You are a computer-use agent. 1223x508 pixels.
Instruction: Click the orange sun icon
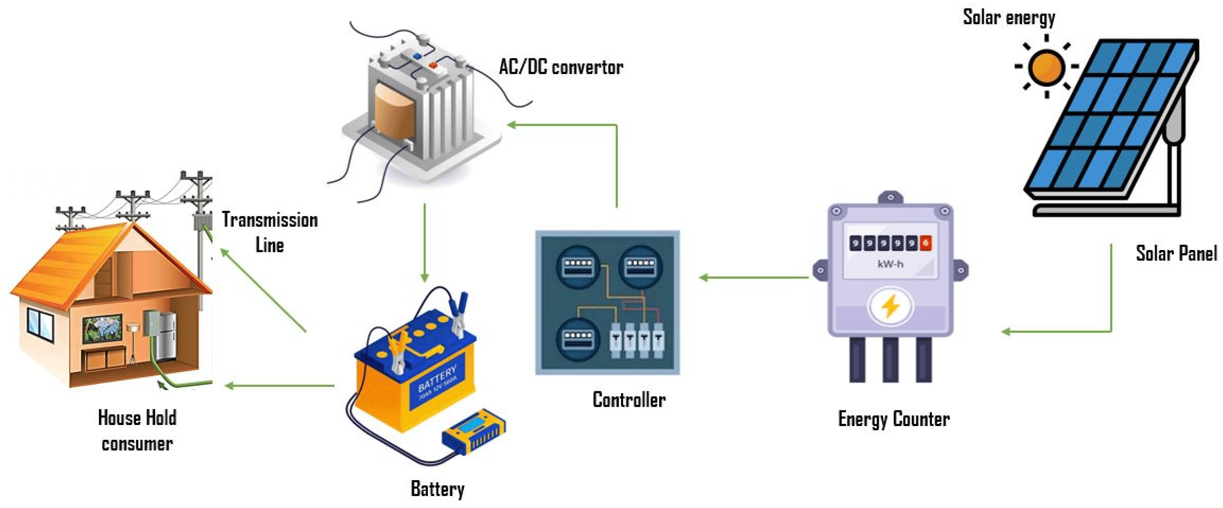click(x=1046, y=67)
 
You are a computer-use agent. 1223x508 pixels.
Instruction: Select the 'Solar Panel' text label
click(x=1176, y=253)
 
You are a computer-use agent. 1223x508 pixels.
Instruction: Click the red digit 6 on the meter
click(x=925, y=243)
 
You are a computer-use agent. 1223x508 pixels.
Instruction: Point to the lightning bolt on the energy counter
click(x=890, y=306)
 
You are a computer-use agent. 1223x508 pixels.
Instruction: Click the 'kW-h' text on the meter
click(x=890, y=264)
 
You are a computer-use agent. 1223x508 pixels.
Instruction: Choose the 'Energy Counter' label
click(x=893, y=419)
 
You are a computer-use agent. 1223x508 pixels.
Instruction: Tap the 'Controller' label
click(x=629, y=400)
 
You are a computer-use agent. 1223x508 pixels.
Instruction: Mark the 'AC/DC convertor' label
click(x=561, y=67)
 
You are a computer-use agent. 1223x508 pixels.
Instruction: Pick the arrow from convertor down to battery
click(x=425, y=242)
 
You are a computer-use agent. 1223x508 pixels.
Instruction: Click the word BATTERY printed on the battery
click(x=437, y=377)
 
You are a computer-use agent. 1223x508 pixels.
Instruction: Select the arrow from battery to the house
click(x=280, y=385)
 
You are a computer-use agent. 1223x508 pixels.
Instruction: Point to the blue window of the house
click(x=40, y=324)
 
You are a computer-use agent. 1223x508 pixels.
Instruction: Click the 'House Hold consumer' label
click(x=137, y=430)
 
